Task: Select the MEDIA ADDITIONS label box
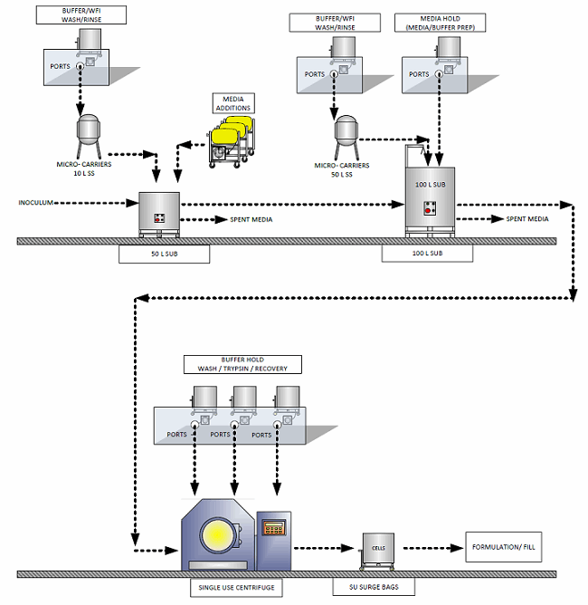click(232, 102)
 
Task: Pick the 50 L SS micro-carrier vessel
click(345, 131)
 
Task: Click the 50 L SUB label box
click(164, 254)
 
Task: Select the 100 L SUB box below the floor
click(426, 254)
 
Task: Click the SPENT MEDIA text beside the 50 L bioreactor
click(249, 219)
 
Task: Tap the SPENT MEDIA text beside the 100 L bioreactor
click(526, 219)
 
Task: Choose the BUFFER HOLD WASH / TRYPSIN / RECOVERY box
click(242, 364)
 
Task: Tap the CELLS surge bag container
click(376, 549)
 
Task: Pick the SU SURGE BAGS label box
click(374, 587)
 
